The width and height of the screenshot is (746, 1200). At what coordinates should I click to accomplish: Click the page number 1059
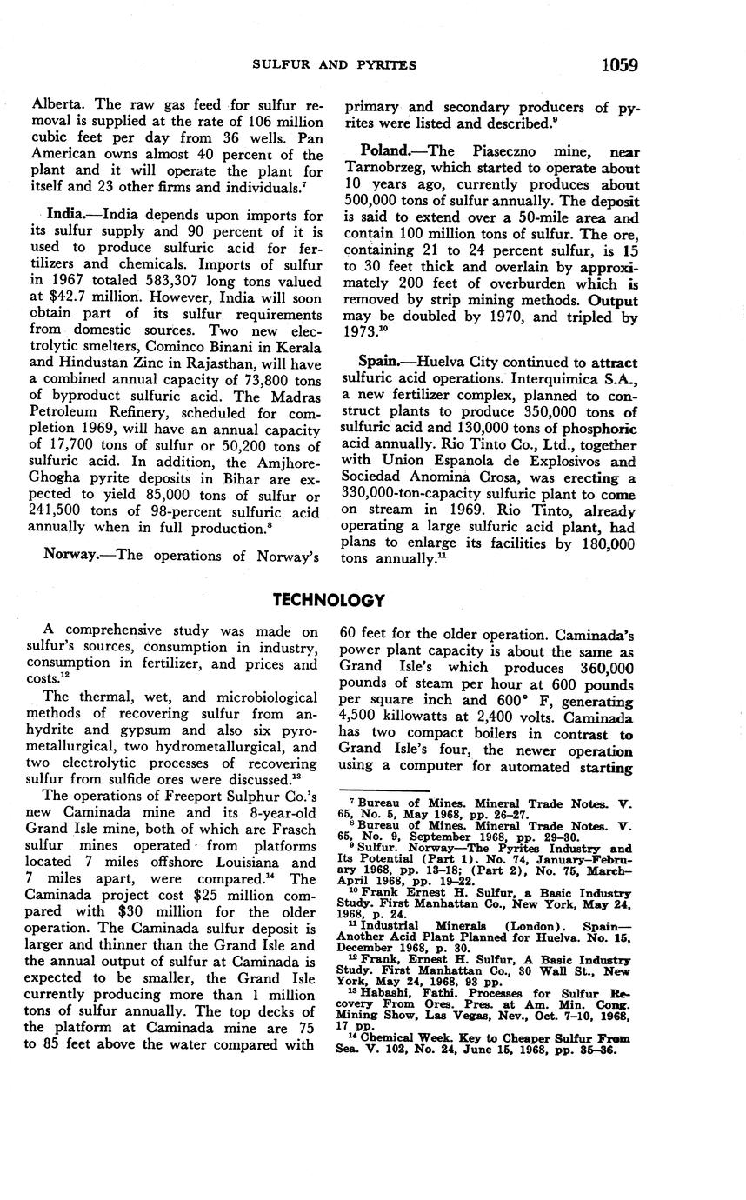tap(618, 65)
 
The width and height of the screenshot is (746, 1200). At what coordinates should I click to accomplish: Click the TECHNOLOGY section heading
tap(328, 600)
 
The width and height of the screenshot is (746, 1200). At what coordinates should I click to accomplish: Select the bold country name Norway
tap(69, 555)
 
